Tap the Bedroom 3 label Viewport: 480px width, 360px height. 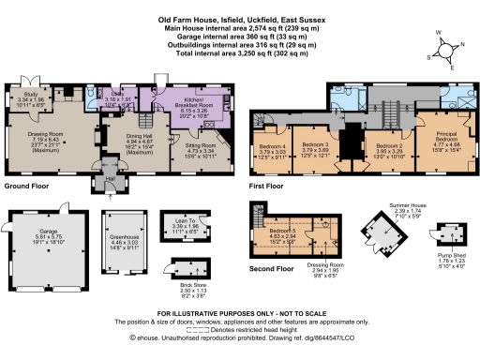[x=314, y=146]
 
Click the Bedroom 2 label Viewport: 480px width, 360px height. [x=387, y=146]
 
